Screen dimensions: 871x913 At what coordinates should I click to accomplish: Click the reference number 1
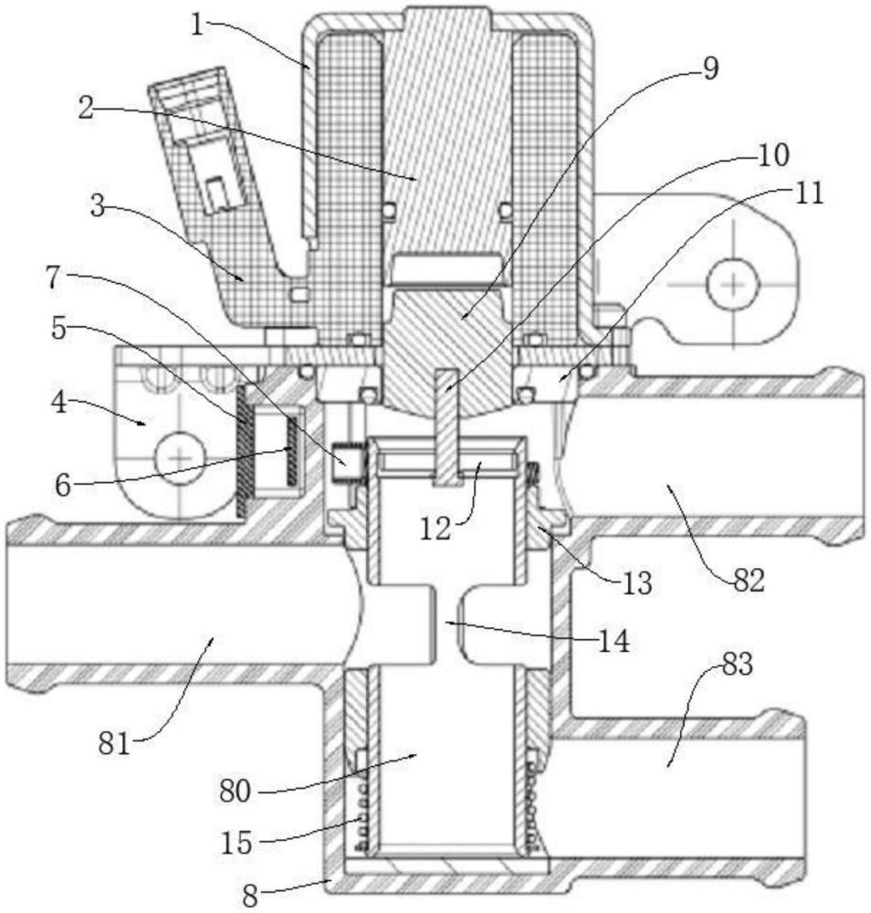[x=197, y=26]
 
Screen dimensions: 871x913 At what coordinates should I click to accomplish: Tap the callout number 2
[x=86, y=108]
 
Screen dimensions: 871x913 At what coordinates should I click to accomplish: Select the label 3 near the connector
[x=99, y=205]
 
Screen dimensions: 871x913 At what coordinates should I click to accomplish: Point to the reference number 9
[x=709, y=68]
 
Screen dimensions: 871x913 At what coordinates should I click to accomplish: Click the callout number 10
[x=772, y=155]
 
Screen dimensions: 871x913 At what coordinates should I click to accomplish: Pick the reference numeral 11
[x=809, y=194]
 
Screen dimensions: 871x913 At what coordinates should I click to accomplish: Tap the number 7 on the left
[x=53, y=278]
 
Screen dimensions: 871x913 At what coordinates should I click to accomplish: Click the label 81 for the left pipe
[x=114, y=743]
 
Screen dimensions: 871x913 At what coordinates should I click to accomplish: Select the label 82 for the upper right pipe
[x=748, y=581]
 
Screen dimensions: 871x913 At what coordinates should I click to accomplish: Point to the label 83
[x=738, y=665]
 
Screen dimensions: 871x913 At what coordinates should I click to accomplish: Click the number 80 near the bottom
[x=236, y=792]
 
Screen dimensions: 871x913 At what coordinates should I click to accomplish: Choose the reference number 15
[x=237, y=843]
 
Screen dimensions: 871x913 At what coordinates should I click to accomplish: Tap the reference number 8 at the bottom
[x=250, y=897]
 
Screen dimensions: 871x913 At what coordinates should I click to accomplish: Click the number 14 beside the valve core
[x=614, y=642]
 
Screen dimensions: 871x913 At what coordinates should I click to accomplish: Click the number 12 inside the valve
[x=435, y=530]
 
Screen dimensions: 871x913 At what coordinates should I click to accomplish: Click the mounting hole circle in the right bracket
[x=733, y=284]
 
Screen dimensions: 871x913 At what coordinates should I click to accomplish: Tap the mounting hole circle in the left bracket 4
[x=181, y=457]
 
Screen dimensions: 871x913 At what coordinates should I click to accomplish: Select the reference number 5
[x=59, y=329]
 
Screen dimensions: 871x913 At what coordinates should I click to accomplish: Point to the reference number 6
[x=63, y=485]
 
